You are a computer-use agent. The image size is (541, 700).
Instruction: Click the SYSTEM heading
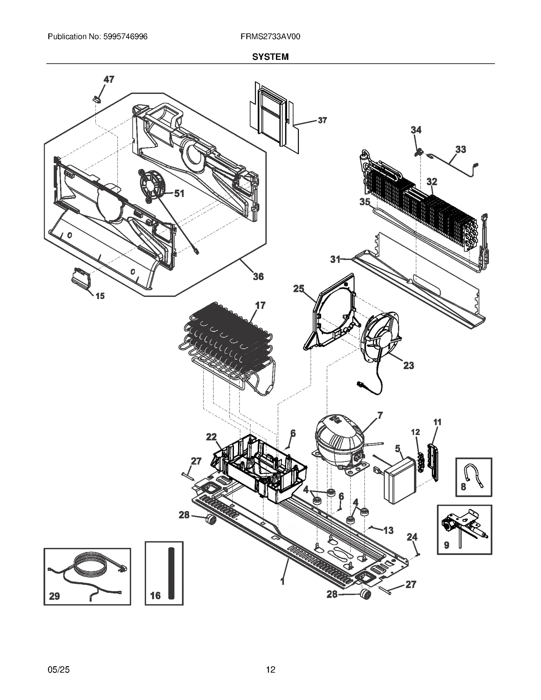270,57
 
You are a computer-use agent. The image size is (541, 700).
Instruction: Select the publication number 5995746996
124,37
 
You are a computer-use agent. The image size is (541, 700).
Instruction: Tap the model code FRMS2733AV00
270,37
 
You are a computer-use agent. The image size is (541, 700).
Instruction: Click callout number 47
109,79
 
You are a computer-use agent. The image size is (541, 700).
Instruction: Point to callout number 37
322,120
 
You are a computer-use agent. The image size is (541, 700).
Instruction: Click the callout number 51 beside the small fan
179,193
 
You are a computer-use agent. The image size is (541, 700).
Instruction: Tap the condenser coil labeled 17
227,341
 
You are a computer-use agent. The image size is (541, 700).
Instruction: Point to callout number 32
432,182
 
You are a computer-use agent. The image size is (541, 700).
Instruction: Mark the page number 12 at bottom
270,669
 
